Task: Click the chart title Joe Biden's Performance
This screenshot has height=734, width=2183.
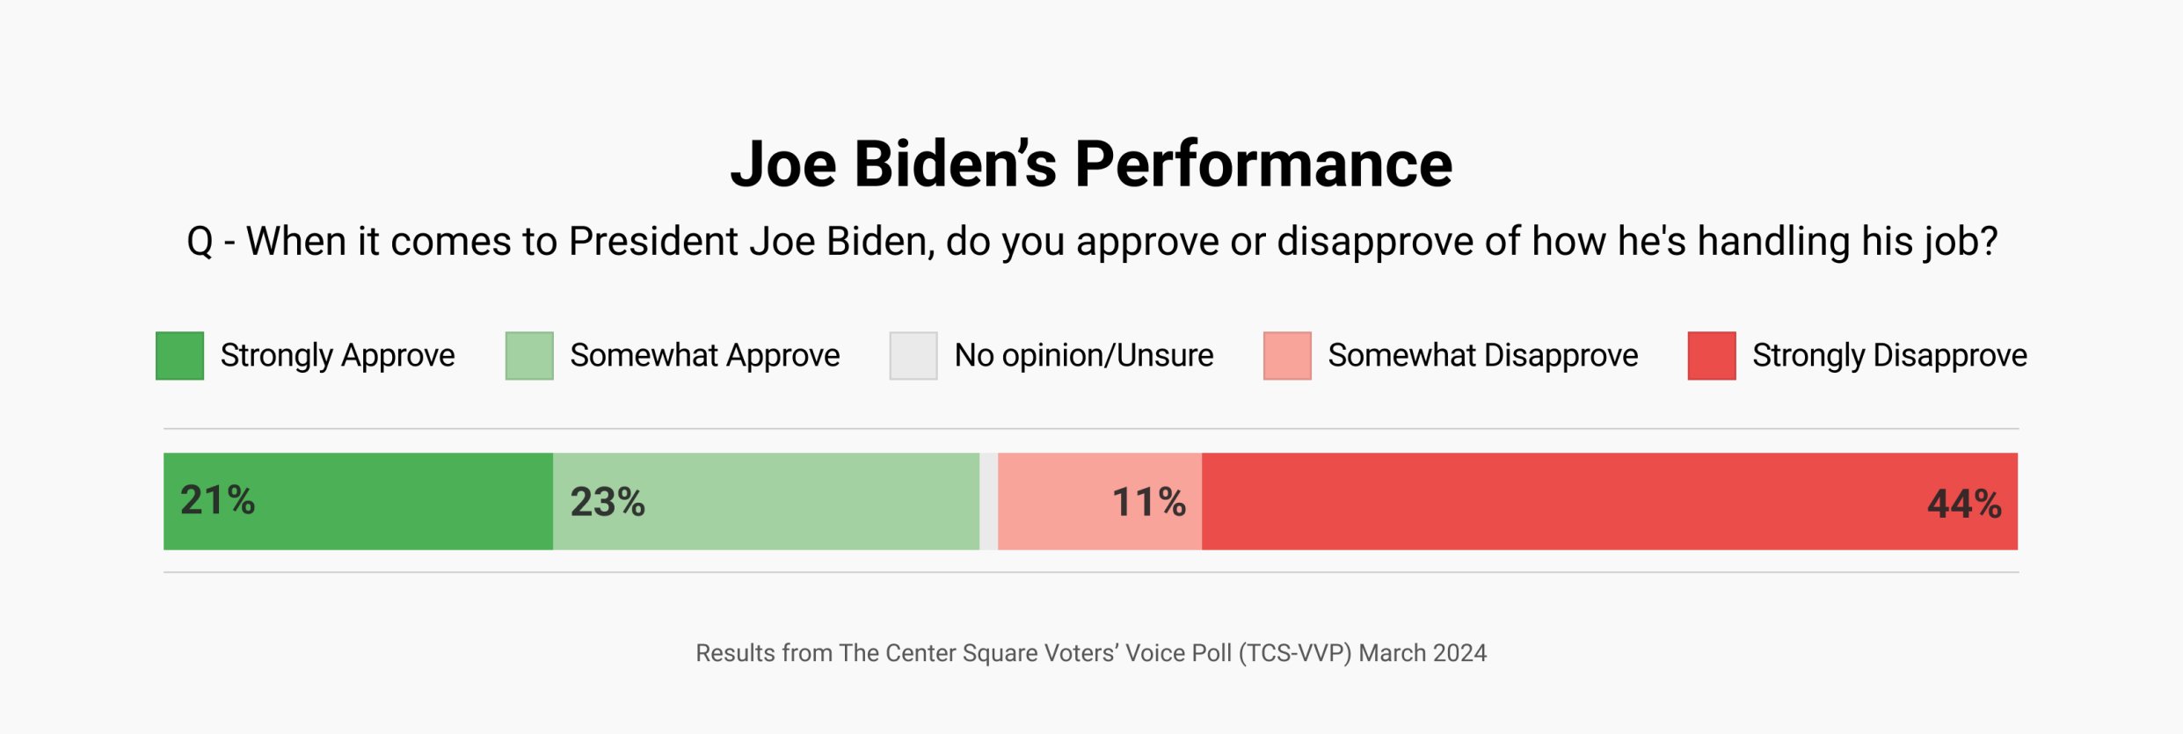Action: pos(1091,164)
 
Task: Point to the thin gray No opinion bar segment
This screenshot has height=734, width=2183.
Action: pos(988,502)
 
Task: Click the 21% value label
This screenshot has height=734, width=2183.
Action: pos(217,500)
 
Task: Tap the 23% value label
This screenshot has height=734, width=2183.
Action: pos(608,502)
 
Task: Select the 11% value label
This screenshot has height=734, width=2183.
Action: pos(1148,503)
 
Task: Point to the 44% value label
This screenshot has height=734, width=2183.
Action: pos(1964,505)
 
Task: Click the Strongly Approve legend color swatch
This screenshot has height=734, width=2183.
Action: pos(180,356)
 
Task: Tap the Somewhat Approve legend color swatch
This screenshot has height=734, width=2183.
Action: pos(529,356)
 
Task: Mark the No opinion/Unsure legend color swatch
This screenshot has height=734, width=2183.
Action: pos(913,356)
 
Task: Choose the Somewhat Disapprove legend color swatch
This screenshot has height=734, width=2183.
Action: pos(1287,356)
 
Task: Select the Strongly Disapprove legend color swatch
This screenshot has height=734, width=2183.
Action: pos(1712,356)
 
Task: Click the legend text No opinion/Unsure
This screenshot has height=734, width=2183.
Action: pos(1083,356)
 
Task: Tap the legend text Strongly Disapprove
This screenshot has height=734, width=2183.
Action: pos(1889,356)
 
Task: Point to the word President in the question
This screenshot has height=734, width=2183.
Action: pos(653,242)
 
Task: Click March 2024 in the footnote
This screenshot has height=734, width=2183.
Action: pos(1423,653)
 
